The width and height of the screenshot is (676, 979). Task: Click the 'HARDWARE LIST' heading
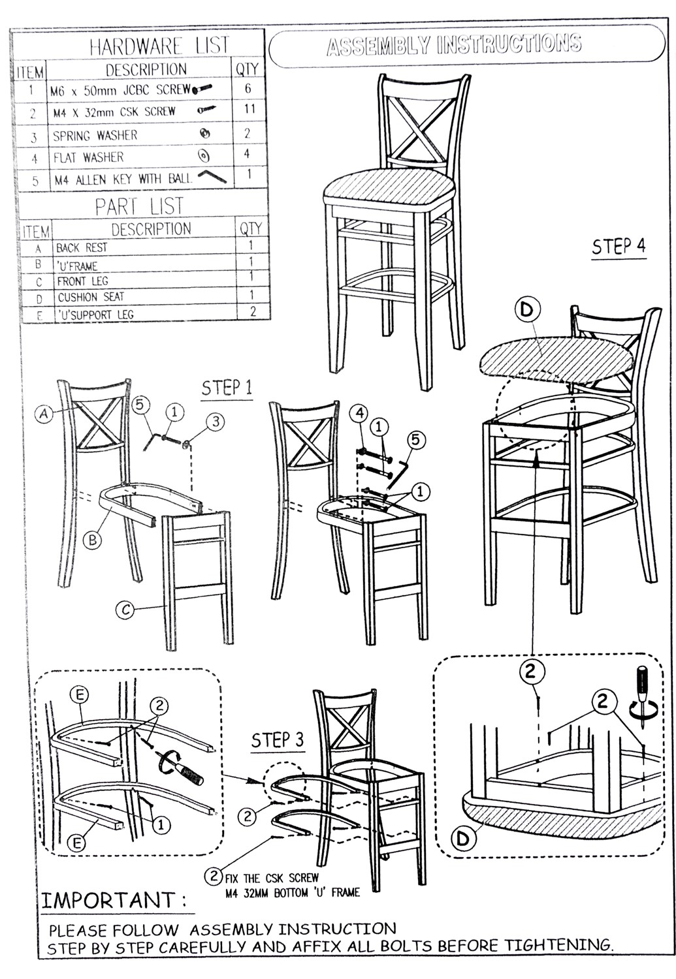(159, 45)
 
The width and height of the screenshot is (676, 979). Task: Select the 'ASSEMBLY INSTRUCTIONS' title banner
(466, 46)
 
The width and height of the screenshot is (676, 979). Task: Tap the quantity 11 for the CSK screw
(249, 108)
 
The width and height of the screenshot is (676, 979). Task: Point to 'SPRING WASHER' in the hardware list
(95, 136)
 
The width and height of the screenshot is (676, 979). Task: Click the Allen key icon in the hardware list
(212, 177)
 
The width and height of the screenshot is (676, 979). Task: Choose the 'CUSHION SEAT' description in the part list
(91, 297)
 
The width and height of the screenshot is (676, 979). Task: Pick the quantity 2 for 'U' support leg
(253, 311)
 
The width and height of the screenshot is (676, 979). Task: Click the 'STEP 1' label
(227, 388)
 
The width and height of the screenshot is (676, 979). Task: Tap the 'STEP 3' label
(277, 740)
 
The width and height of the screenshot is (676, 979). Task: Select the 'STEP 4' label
(619, 247)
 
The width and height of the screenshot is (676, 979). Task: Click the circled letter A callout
(44, 413)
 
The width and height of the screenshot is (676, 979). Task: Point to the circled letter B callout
(93, 540)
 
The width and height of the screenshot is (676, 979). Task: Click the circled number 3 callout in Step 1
(216, 422)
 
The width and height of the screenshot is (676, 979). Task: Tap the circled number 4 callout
(359, 413)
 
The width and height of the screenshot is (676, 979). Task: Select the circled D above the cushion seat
(527, 310)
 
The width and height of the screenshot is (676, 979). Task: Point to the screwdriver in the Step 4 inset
(641, 694)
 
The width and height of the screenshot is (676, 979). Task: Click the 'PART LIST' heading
(140, 206)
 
